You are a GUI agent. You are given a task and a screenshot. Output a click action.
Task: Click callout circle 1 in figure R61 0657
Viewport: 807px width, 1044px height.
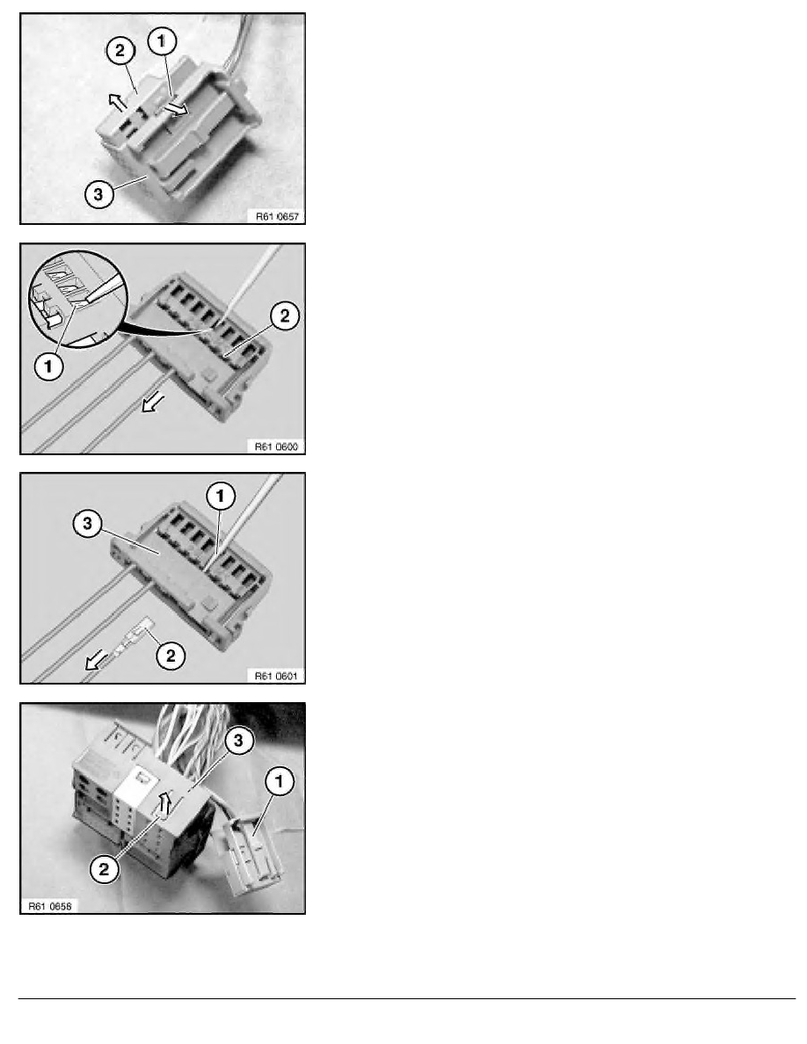161,40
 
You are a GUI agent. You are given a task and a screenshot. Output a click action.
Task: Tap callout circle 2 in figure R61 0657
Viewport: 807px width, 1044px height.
120,51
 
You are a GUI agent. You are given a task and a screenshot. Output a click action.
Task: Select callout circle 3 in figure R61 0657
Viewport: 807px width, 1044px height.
98,193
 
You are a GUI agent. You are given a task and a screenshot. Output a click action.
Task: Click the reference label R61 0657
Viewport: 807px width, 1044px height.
277,216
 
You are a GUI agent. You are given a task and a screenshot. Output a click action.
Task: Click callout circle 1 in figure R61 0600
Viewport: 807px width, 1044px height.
48,366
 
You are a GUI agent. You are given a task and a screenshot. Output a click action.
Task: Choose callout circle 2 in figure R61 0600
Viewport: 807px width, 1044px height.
284,315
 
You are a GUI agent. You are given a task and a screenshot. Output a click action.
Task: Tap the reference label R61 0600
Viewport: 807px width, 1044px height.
276,446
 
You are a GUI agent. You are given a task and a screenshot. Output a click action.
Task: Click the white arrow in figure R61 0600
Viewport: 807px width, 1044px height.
154,402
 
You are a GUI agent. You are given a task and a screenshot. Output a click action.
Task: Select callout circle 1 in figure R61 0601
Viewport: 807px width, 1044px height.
221,496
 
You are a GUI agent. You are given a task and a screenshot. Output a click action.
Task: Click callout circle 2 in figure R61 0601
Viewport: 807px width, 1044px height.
171,656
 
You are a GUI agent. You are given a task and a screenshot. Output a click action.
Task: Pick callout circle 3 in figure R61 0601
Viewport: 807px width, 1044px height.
87,524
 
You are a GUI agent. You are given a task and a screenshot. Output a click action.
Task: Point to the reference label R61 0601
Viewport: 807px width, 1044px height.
276,676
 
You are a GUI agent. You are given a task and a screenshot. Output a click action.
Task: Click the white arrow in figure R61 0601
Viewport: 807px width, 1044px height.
97,661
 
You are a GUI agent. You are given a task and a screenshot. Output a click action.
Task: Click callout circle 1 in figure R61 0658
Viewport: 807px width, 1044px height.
279,780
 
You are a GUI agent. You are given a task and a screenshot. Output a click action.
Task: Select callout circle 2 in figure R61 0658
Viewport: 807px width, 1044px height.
104,868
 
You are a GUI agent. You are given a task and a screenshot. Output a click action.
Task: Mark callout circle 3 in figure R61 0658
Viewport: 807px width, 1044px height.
238,741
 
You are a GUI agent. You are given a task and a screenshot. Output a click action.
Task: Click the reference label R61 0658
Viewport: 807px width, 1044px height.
50,905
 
